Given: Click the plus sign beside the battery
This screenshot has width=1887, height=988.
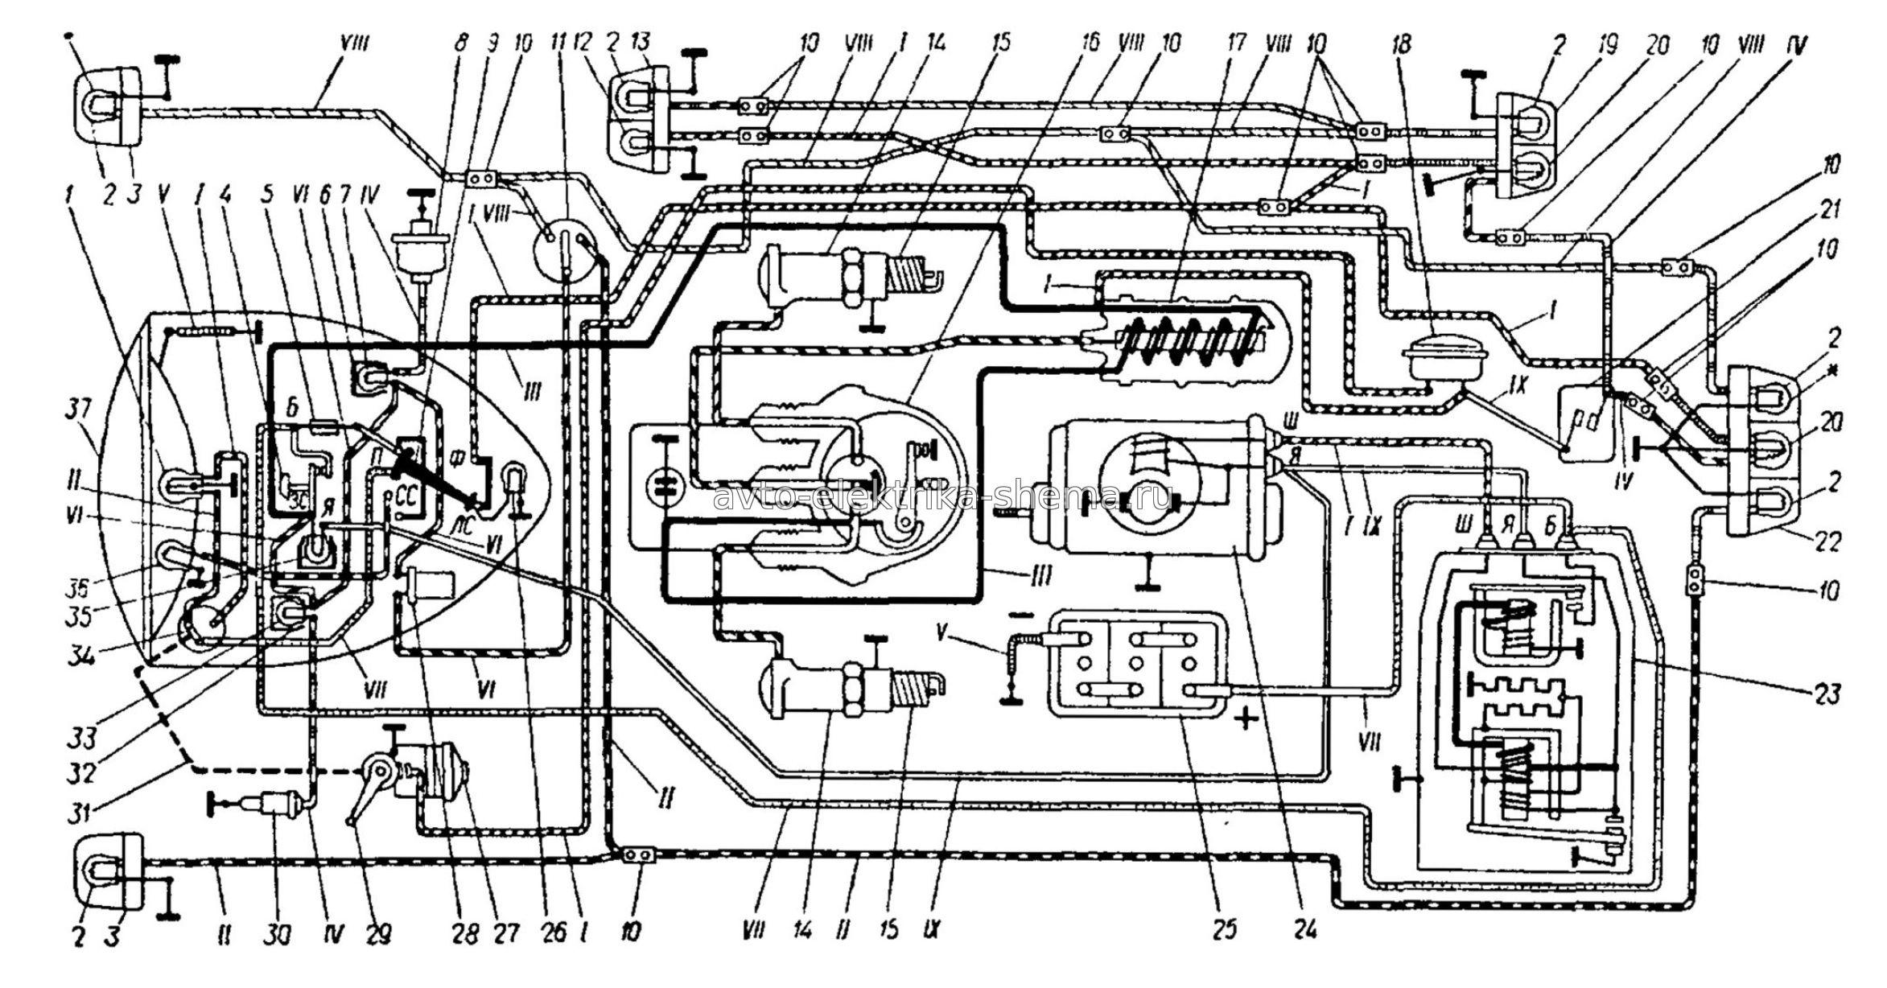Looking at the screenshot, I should pos(1245,719).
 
